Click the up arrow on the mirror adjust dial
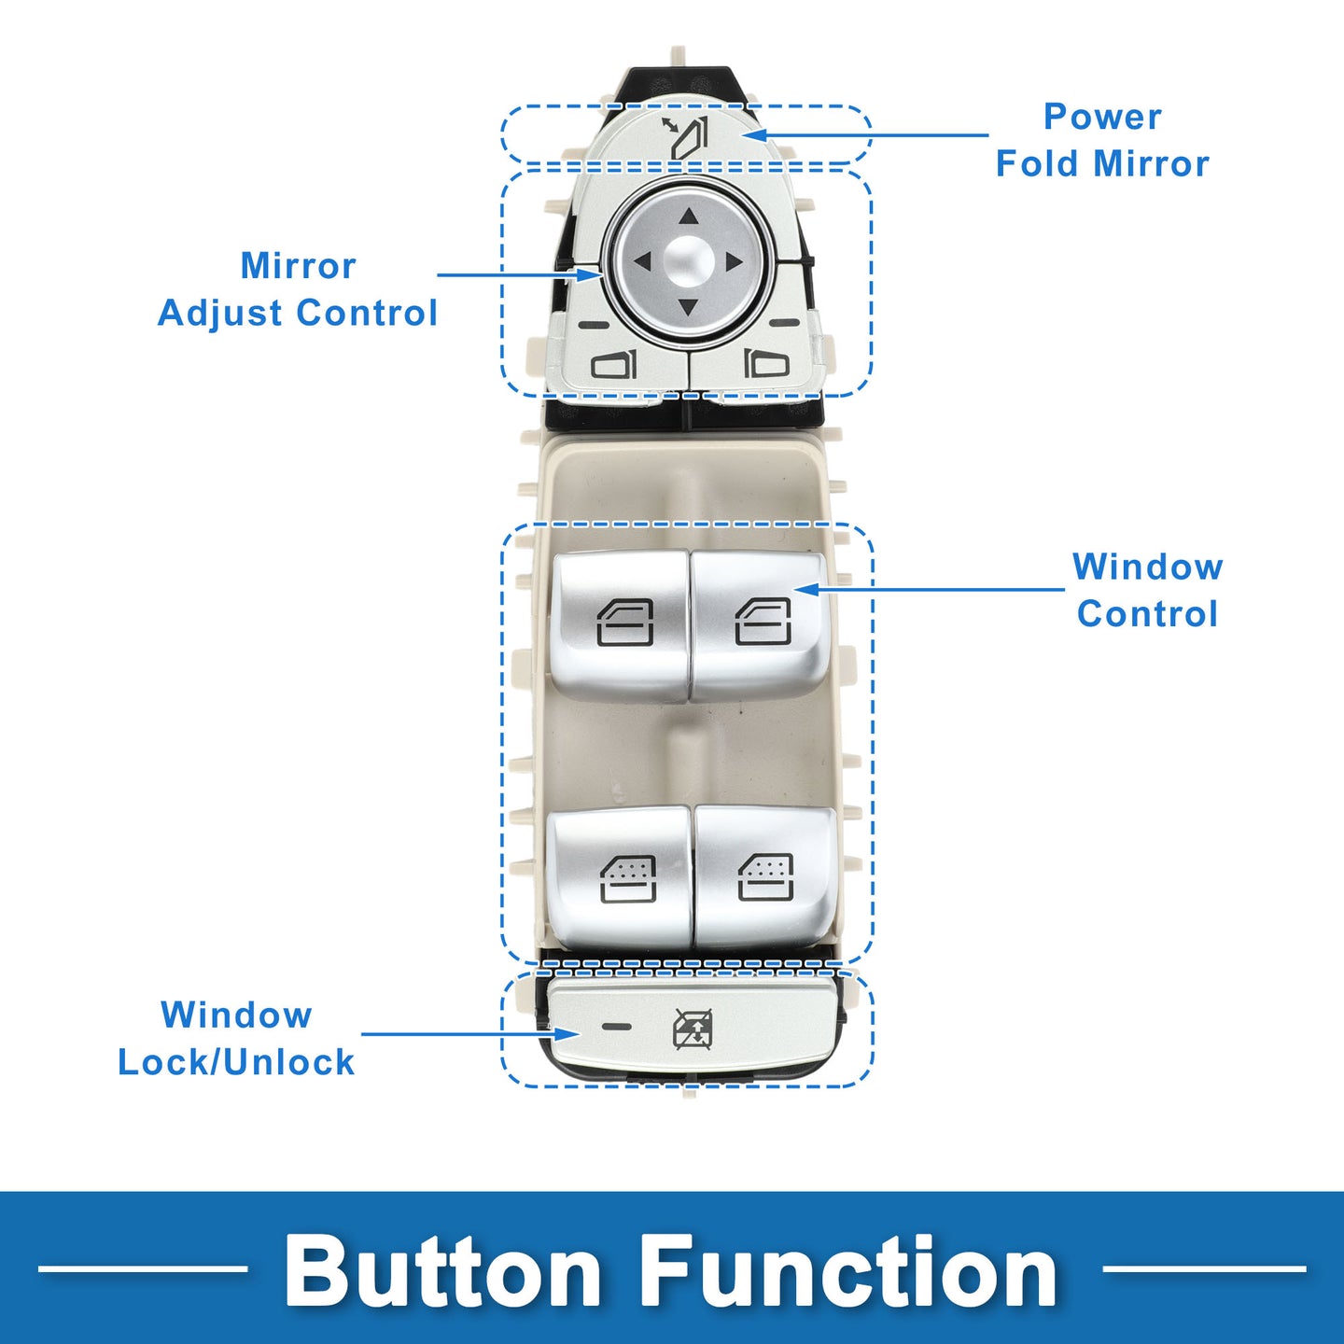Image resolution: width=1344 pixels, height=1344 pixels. [689, 217]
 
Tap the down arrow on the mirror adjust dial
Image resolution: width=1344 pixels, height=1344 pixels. [688, 308]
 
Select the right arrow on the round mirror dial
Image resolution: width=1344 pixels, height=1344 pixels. [734, 262]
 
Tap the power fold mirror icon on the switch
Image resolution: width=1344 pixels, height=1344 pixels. [684, 136]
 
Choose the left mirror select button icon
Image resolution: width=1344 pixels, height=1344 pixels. [614, 364]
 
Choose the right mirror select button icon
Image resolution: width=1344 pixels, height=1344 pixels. [766, 363]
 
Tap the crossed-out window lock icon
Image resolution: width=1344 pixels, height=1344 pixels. [692, 1029]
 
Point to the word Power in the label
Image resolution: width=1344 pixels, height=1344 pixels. [1102, 117]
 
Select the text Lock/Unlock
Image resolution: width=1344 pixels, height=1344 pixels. [236, 1062]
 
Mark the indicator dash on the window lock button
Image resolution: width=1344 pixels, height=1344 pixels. [617, 1027]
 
